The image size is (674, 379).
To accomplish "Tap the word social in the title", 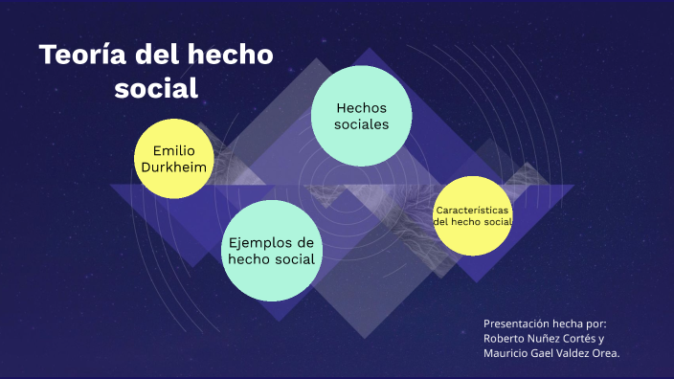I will click(156, 88).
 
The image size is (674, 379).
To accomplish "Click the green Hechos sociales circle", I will click(362, 114).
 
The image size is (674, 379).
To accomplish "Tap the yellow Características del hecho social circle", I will click(472, 215).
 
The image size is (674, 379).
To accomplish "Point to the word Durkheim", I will click(173, 167).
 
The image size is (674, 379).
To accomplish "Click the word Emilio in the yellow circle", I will click(173, 150).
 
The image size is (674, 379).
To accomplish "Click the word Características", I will click(472, 210).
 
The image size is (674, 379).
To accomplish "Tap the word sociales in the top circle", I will click(362, 124).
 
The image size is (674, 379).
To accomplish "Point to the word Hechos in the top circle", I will click(362, 107).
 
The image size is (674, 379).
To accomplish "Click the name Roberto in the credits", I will click(508, 338).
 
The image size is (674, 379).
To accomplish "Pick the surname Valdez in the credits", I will click(573, 353).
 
